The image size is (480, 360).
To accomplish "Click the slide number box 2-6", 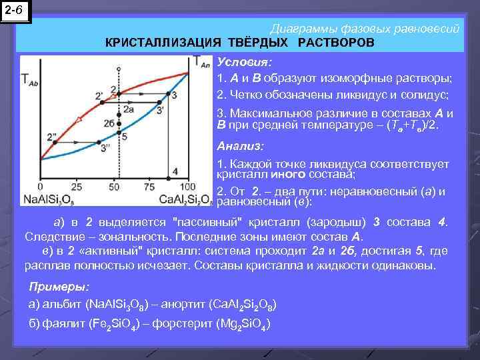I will (x=15, y=11).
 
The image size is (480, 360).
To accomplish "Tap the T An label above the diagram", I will (x=203, y=62).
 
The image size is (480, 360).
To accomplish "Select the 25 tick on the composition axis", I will (x=76, y=187).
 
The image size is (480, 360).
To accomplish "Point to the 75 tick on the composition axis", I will (x=149, y=187).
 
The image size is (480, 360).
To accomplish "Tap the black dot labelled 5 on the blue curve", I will (x=118, y=137).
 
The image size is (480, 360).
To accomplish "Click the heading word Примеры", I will (x=59, y=287).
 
